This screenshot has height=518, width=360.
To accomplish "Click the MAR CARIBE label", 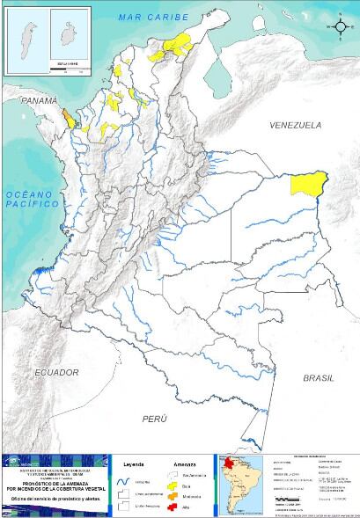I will (158, 16).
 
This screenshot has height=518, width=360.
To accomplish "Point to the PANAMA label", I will (39, 102).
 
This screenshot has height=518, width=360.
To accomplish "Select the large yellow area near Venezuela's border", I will (309, 185).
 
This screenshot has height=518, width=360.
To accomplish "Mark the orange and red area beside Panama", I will (68, 118).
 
